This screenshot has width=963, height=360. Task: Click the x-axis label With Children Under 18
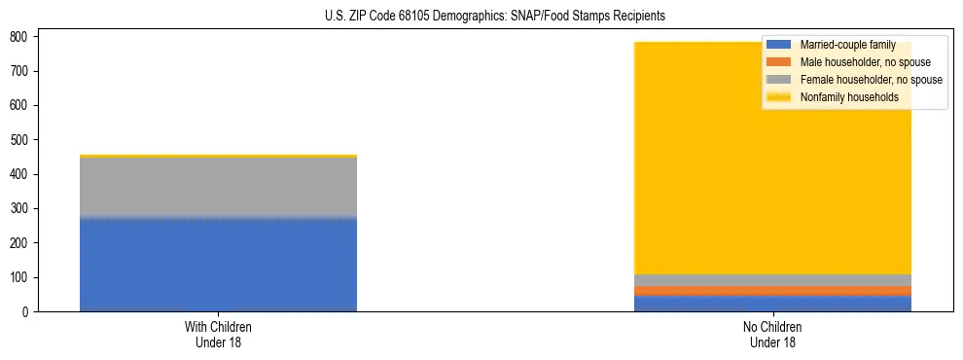click(218, 334)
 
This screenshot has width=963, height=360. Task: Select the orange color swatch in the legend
click(779, 62)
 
